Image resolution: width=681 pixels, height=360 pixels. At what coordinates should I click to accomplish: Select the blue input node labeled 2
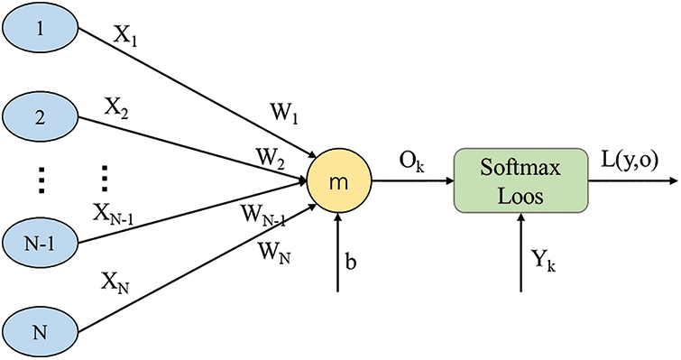click(x=40, y=117)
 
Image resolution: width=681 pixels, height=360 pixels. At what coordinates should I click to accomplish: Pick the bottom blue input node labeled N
click(x=40, y=329)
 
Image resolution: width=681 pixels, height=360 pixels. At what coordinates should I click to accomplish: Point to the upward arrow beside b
click(x=338, y=253)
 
